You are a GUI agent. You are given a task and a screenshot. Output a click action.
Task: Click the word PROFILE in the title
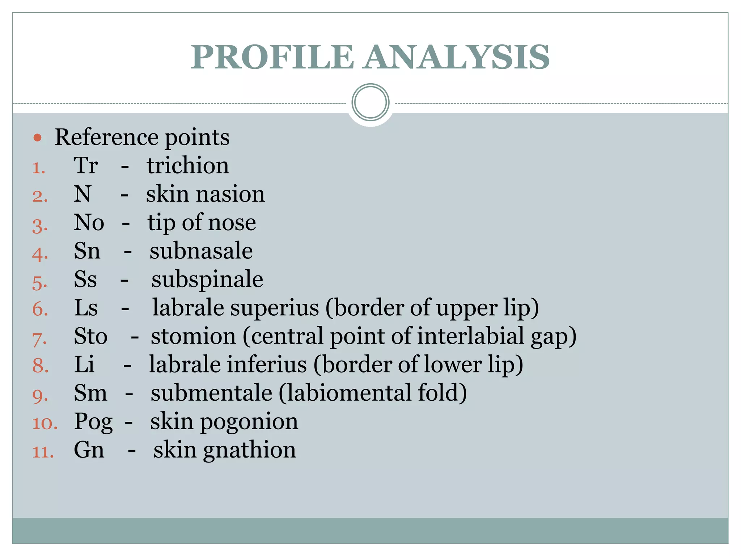tap(272, 57)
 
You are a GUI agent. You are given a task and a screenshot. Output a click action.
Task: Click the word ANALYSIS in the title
tap(457, 57)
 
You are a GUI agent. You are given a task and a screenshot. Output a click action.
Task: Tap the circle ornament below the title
tap(370, 102)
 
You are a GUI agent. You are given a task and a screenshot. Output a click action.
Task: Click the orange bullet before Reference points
tap(38, 138)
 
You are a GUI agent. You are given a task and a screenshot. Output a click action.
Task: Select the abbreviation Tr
tap(86, 165)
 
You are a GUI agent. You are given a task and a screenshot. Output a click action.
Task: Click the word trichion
tap(188, 165)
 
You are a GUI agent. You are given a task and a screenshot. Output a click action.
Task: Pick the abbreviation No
tap(89, 222)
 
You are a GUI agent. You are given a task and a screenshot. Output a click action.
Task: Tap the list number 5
tap(40, 282)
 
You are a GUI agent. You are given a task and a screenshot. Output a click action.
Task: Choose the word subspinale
tap(207, 280)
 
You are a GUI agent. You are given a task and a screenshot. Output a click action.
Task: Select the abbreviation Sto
tap(90, 336)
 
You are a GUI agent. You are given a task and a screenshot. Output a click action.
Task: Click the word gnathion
tap(250, 450)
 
